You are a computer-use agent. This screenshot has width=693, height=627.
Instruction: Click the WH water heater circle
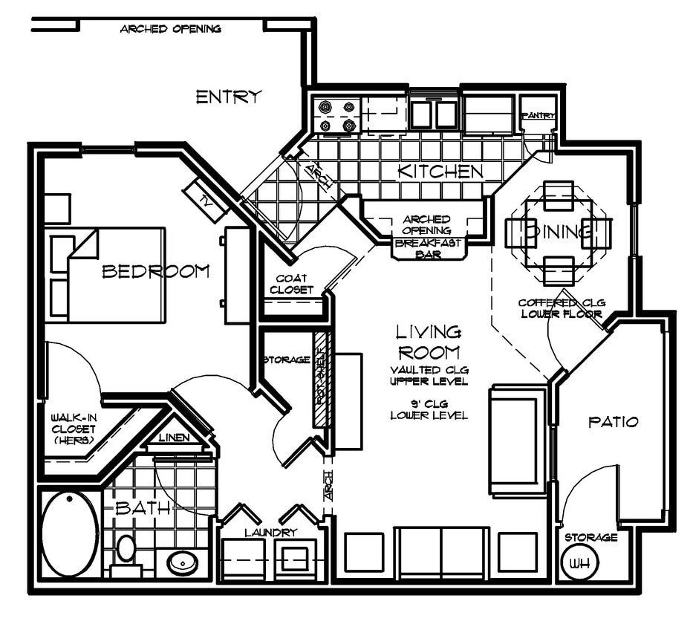coord(575,562)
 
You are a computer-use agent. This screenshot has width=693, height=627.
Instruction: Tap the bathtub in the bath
coord(69,533)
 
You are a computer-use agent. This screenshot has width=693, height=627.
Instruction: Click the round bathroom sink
coord(181,562)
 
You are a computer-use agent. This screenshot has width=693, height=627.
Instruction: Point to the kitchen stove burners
coord(336,116)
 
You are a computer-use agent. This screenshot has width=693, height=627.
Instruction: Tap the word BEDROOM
coord(155,271)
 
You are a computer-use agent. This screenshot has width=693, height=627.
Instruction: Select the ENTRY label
coord(229,97)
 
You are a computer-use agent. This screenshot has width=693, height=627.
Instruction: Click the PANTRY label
coord(538,115)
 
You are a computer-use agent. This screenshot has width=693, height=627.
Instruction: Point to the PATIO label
coord(613,422)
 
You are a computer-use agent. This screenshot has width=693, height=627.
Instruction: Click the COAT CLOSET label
coord(292,284)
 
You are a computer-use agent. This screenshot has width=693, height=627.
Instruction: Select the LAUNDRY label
coord(270,532)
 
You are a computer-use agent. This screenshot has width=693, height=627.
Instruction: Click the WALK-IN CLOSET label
coord(74,429)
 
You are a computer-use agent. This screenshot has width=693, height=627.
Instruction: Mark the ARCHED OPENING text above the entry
coord(170,29)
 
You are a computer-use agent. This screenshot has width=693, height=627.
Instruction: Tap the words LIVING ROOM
coord(429,342)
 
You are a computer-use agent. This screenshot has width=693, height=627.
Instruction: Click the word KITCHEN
coord(440,172)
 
